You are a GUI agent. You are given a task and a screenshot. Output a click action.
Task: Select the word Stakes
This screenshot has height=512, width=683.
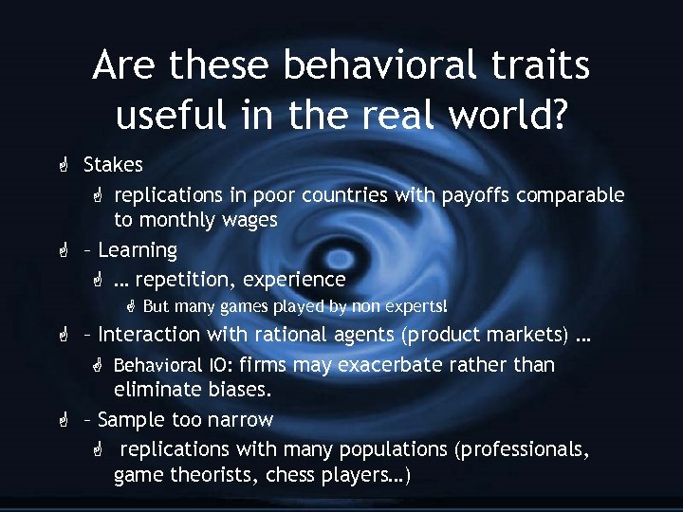click(113, 165)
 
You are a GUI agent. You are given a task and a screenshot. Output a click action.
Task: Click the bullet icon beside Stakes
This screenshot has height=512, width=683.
click(62, 166)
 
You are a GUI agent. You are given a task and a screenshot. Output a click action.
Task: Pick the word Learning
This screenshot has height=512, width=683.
click(138, 250)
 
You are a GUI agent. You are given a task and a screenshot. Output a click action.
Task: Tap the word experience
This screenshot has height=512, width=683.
click(294, 280)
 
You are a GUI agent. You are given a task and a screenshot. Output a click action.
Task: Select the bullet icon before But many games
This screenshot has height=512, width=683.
click(132, 307)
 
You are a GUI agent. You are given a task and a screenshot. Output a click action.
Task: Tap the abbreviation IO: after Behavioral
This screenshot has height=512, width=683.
click(218, 365)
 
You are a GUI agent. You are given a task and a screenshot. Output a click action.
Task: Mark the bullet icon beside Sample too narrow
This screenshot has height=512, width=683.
click(62, 420)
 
